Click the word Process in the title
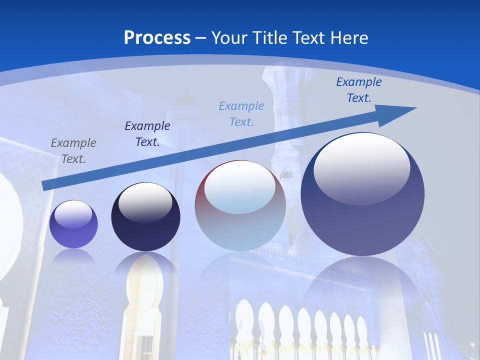pyautogui.click(x=157, y=38)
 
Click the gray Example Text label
pyautogui.click(x=73, y=151)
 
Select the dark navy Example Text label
pyautogui.click(x=147, y=134)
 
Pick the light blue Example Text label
pyautogui.click(x=241, y=114)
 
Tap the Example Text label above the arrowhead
pyautogui.click(x=359, y=90)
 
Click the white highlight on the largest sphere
pyautogui.click(x=361, y=168)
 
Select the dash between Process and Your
pyautogui.click(x=201, y=38)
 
